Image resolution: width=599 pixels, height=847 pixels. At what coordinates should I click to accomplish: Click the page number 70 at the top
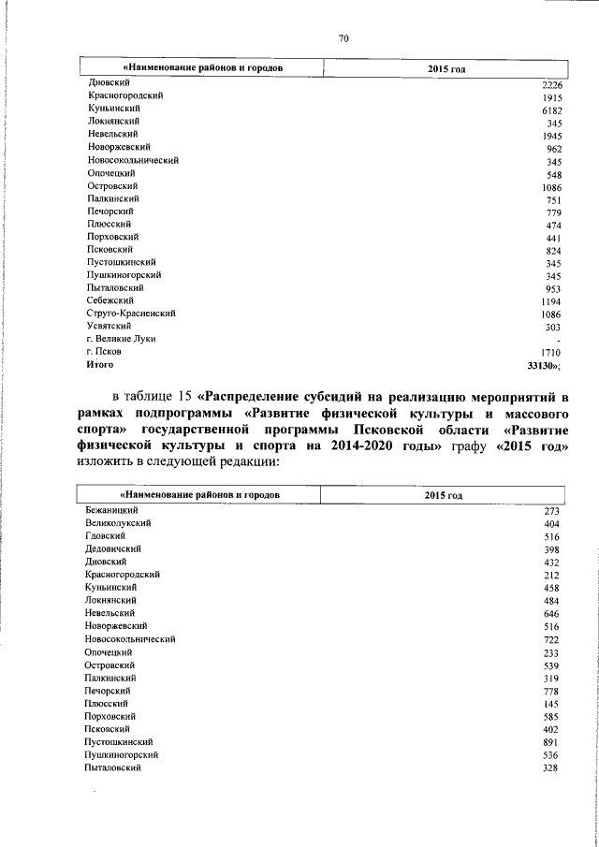[343, 38]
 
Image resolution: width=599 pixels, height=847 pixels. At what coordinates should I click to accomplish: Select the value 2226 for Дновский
[550, 86]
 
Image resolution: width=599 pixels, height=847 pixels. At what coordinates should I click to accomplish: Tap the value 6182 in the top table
[550, 110]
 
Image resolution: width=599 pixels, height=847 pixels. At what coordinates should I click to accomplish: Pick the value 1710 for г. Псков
[550, 352]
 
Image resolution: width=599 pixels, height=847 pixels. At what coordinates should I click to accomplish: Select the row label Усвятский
[109, 327]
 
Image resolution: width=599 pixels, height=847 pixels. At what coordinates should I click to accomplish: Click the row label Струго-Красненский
[132, 314]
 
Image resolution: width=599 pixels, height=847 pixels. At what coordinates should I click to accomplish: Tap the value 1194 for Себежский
[550, 301]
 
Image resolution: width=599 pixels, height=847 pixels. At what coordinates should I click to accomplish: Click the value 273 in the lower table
[550, 511]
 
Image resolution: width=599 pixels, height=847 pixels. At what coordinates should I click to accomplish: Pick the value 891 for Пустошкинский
[550, 741]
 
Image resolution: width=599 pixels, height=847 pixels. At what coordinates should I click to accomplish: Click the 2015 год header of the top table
[446, 68]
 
